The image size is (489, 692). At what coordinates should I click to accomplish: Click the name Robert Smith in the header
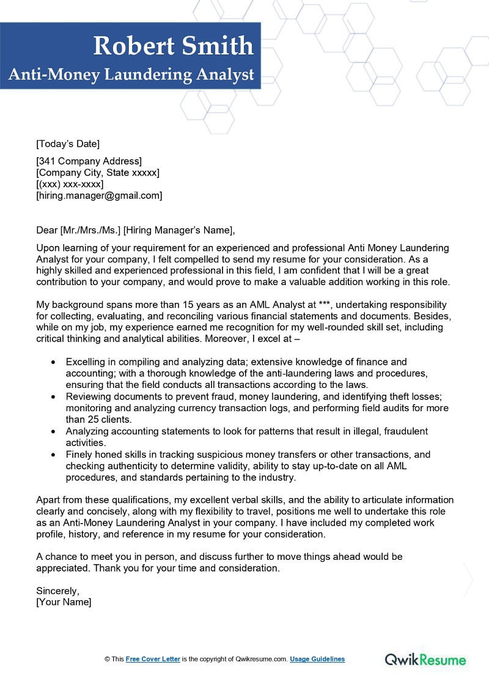pos(173,46)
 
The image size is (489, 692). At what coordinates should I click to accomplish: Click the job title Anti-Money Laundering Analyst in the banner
pos(131,75)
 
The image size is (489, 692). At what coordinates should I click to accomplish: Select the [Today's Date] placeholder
pos(68,144)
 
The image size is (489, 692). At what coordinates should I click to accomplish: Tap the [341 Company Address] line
pos(89,162)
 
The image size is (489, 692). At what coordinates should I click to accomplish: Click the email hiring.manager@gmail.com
pos(99,196)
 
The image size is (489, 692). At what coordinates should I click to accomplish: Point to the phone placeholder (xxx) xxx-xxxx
pos(70,184)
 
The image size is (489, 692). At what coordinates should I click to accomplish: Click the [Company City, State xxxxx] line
pos(98,173)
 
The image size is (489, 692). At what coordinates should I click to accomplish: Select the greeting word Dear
pos(47,231)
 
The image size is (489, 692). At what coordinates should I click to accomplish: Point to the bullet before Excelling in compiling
pos(54,363)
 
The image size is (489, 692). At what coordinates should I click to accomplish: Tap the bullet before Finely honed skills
pos(54,455)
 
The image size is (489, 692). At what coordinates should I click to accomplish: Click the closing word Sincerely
pos(57,591)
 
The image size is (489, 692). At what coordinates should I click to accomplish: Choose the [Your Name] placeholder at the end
pos(64,602)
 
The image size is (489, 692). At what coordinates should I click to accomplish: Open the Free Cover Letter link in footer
pos(153,659)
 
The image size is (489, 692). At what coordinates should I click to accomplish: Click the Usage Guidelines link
pos(317,659)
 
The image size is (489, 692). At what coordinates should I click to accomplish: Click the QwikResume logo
pos(425,660)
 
